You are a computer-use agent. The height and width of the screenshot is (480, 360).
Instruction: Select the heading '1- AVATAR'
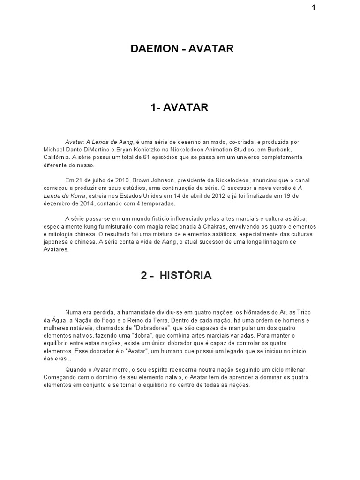pos(180,108)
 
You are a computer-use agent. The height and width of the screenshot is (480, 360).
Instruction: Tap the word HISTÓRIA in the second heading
pos(186,276)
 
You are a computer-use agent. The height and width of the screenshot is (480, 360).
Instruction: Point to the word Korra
pos(75,196)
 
